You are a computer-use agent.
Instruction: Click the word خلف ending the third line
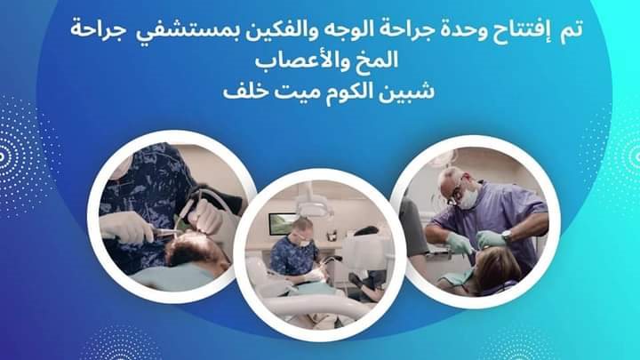pyautogui.click(x=245, y=92)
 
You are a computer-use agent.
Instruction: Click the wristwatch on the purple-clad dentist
pyautogui.click(x=507, y=235)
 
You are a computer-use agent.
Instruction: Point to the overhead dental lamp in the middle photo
pyautogui.click(x=314, y=204)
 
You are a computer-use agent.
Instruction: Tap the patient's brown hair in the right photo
pyautogui.click(x=497, y=270)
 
